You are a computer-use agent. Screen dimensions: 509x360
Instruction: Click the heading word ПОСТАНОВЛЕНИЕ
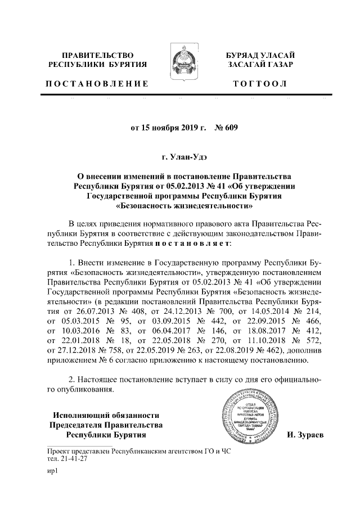coord(97,84)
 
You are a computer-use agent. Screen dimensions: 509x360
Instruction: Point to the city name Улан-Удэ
coord(183,154)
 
